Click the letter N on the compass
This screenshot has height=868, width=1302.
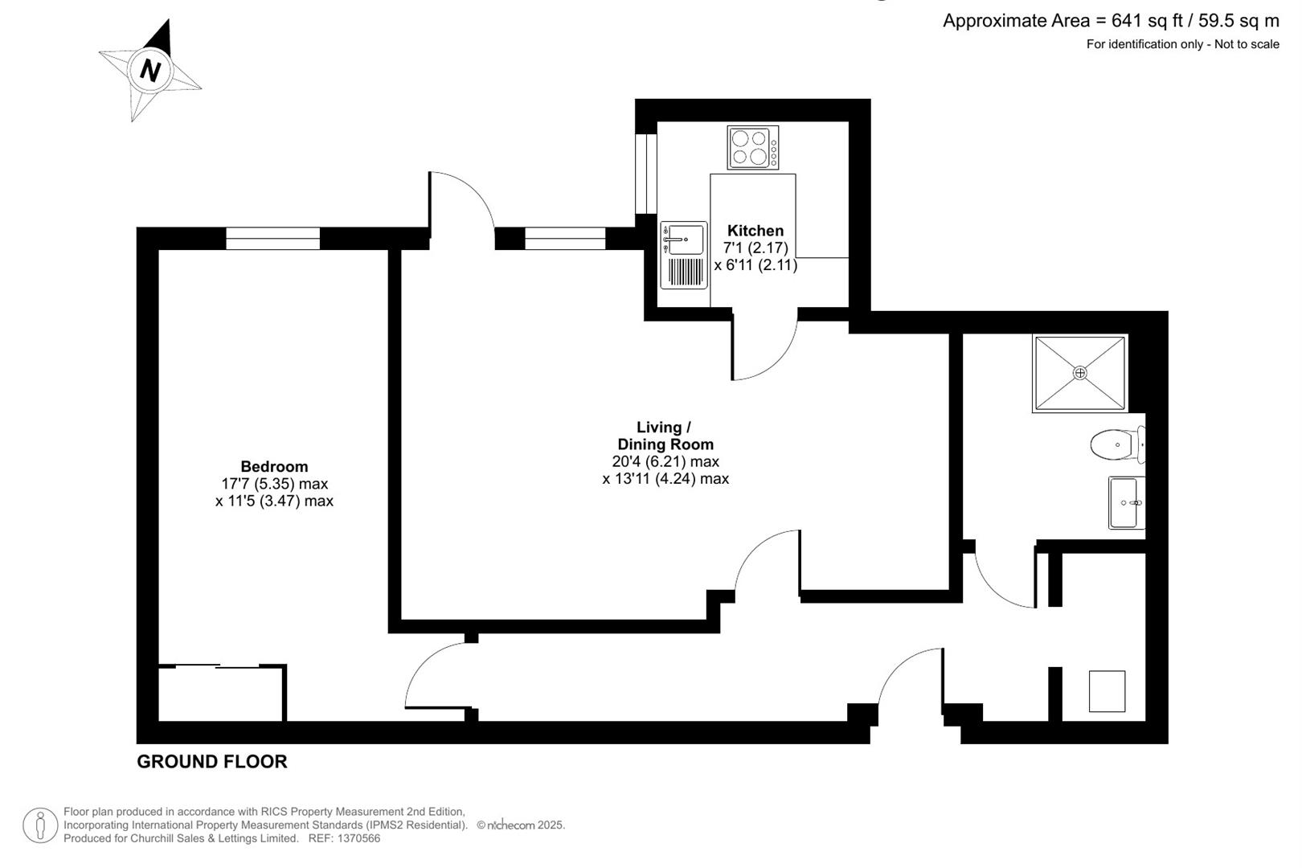(x=150, y=71)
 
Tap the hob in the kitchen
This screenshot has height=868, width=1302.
(x=753, y=148)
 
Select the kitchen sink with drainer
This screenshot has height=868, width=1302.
(x=684, y=256)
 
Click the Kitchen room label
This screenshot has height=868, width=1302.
(x=755, y=230)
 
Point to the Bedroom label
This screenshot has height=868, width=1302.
(x=274, y=466)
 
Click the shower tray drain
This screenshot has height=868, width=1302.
(x=1080, y=373)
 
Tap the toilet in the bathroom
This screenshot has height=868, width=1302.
(x=1118, y=444)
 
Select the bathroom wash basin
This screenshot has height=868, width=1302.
(x=1127, y=502)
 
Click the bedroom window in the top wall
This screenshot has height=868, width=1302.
(x=272, y=239)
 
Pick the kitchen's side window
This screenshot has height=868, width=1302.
(x=645, y=174)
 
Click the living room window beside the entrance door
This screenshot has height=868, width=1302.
(x=565, y=239)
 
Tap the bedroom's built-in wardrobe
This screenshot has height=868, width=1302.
(x=222, y=693)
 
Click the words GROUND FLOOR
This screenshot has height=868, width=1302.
(x=212, y=762)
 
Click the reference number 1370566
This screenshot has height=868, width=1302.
(x=358, y=838)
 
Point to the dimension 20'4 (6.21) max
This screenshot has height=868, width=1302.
(x=665, y=461)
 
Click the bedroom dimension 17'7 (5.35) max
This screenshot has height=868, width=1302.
(x=274, y=484)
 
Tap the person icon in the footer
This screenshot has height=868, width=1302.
(x=40, y=825)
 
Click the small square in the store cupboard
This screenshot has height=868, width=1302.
(x=1107, y=691)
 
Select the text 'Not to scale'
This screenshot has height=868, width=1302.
(x=1247, y=44)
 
